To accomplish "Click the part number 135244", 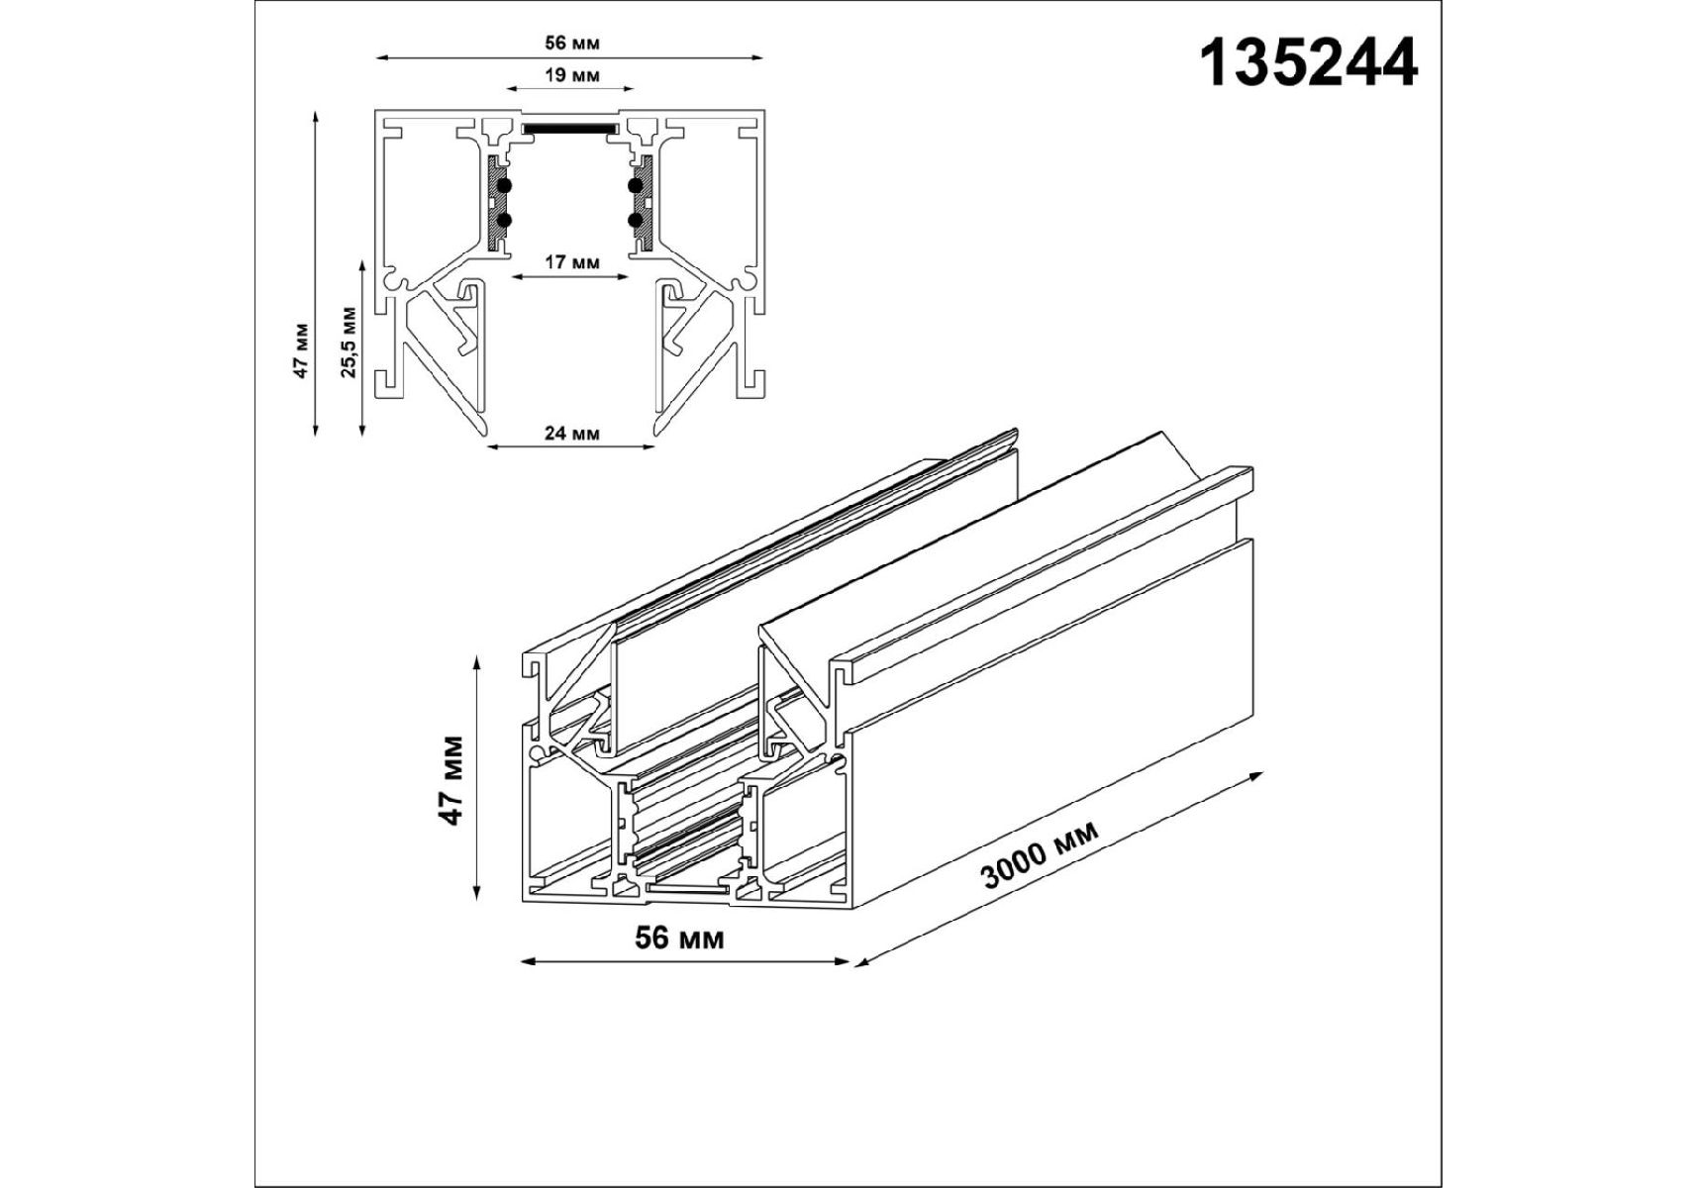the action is click(1309, 63).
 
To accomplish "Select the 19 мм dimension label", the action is click(571, 75).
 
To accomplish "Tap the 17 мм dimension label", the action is click(571, 262).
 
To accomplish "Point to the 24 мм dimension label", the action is click(571, 433).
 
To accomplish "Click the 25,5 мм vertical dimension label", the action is click(349, 342).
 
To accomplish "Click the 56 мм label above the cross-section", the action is click(571, 43).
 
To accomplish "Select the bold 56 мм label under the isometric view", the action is click(679, 937).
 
